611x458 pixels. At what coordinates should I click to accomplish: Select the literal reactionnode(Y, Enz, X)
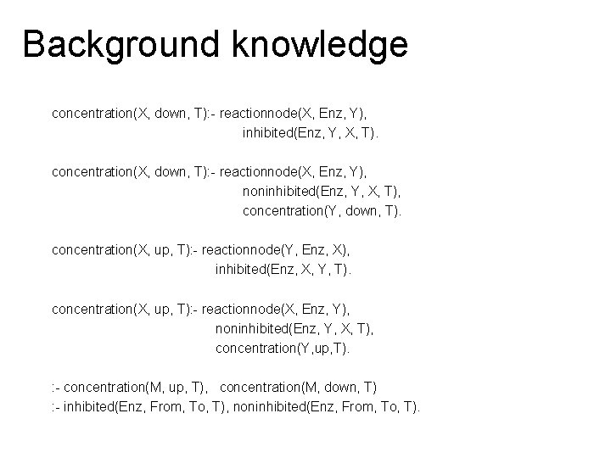click(x=282, y=250)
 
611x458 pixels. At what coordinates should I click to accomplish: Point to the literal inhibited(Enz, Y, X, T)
click(x=311, y=133)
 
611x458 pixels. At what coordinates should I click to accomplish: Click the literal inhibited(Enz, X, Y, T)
click(x=283, y=270)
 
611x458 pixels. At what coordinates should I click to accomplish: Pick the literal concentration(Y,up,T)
click(x=283, y=349)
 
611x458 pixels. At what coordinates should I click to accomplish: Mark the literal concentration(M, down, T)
click(x=299, y=388)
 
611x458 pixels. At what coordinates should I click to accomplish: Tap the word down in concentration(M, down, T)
click(x=339, y=388)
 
